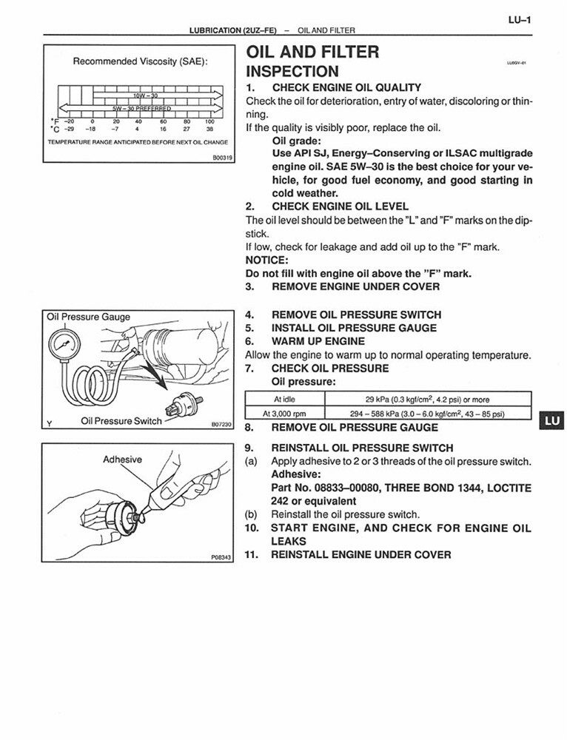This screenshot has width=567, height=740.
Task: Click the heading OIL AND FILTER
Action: click(312, 52)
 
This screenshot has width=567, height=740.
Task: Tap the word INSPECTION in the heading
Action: click(292, 72)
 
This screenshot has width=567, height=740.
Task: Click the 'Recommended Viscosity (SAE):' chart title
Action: click(140, 62)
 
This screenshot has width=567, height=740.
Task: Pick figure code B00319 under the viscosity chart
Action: click(222, 157)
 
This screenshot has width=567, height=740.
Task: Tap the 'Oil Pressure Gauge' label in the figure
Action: click(88, 317)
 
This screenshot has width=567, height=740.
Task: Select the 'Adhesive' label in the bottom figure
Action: click(122, 460)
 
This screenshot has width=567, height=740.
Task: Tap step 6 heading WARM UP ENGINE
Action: click(318, 341)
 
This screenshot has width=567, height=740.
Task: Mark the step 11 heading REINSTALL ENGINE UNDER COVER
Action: click(360, 554)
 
